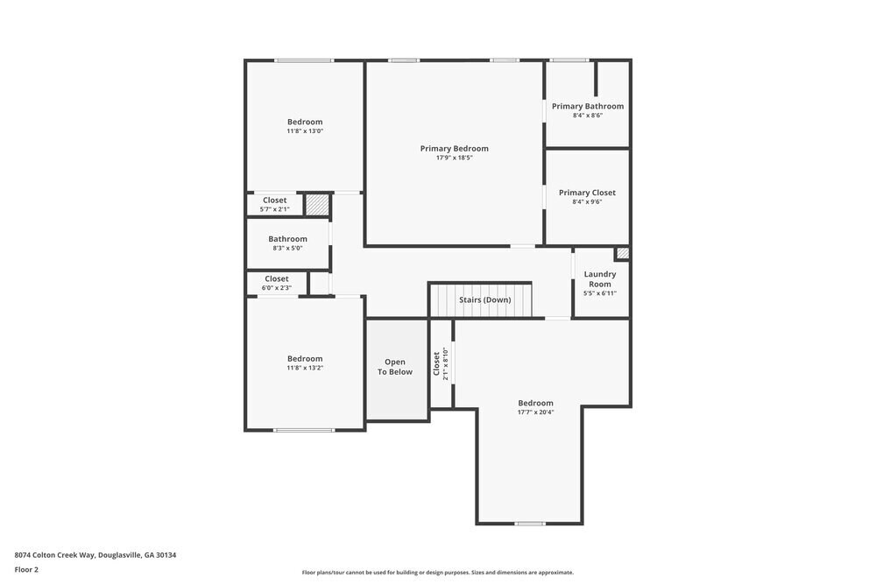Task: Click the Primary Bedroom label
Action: [x=454, y=149]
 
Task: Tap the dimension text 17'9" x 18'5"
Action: [x=454, y=158]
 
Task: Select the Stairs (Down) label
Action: [x=484, y=300]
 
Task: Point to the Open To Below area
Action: [x=394, y=368]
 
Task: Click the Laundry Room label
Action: [x=600, y=278]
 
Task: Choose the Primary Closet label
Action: [x=587, y=193]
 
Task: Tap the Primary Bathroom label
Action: [x=587, y=107]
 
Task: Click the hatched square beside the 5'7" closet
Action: [x=316, y=204]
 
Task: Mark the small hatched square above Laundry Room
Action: [x=622, y=254]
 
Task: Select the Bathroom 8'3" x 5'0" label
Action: [x=287, y=239]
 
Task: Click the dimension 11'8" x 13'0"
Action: [x=305, y=131]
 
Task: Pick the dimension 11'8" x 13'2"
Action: [x=305, y=369]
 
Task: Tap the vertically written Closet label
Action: [x=436, y=364]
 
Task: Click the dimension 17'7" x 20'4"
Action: [x=535, y=412]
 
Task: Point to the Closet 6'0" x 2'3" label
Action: [x=276, y=279]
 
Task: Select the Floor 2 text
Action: [x=26, y=569]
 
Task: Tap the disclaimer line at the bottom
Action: [x=438, y=573]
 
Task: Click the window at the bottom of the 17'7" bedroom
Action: [x=529, y=524]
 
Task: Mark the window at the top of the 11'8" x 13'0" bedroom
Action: [x=304, y=60]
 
